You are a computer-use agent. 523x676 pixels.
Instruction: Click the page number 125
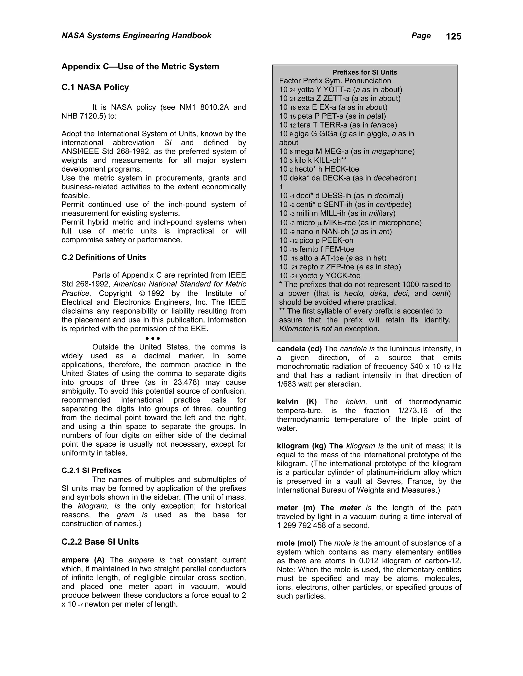(x=454, y=36)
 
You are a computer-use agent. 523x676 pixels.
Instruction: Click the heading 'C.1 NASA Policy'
(x=95, y=87)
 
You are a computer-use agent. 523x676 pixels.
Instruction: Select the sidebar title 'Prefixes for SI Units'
(x=365, y=72)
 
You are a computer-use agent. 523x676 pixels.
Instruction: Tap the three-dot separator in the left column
(x=152, y=338)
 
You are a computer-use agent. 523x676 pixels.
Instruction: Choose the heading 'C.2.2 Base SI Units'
(x=100, y=542)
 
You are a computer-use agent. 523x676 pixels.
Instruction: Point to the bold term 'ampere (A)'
(x=83, y=560)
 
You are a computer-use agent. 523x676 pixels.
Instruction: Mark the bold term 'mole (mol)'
(x=296, y=543)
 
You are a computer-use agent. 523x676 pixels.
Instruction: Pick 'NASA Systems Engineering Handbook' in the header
(x=136, y=36)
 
